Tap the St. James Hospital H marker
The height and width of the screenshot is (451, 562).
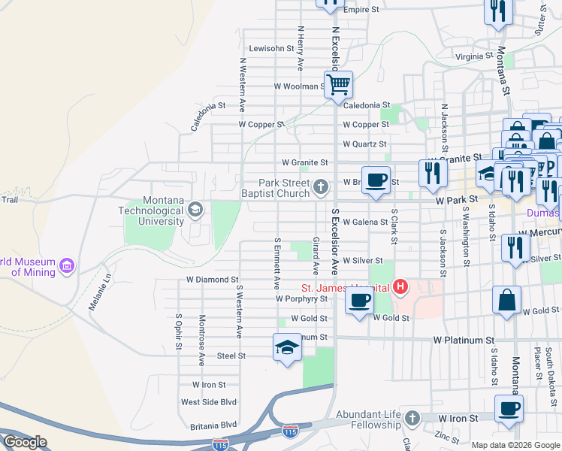pos(400,287)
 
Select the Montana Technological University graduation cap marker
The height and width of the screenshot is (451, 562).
pos(195,208)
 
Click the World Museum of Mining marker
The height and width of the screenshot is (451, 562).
pos(67,265)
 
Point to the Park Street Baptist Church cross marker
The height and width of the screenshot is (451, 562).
pos(322,186)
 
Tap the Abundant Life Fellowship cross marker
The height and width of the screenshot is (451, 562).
pos(411,418)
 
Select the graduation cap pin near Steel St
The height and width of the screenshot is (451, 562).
pos(286,347)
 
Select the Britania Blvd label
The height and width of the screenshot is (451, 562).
pos(209,424)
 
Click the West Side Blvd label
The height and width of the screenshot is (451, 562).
pos(209,402)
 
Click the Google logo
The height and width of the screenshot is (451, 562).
pos(25,442)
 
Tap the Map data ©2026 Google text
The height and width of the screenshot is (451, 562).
pos(515,445)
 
